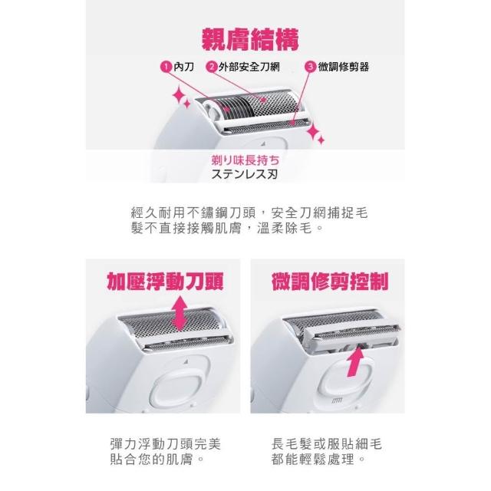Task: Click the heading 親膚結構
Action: point(250,40)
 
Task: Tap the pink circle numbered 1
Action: point(166,67)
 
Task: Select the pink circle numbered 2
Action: point(212,67)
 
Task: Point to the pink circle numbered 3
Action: point(311,67)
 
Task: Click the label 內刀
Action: point(184,67)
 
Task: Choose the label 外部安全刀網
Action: point(249,67)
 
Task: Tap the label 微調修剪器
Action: point(344,67)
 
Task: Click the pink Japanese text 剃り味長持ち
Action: point(245,160)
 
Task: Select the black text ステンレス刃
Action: point(245,174)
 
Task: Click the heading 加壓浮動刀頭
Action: point(166,282)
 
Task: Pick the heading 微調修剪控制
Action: point(330,282)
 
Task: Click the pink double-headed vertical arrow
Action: point(180,313)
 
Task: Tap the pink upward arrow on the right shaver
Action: point(355,361)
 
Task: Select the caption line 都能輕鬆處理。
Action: point(318,460)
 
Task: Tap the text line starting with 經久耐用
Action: point(249,213)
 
